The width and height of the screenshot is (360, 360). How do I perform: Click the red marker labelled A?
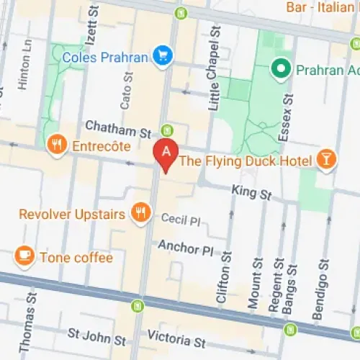(166, 153)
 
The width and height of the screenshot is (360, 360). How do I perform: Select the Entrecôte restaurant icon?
(56, 145)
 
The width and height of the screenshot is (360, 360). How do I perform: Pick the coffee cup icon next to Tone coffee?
(24, 256)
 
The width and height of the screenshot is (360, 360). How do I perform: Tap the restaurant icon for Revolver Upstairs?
(140, 212)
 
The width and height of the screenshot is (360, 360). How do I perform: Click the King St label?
(251, 193)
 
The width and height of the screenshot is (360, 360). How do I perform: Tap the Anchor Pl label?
(187, 248)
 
